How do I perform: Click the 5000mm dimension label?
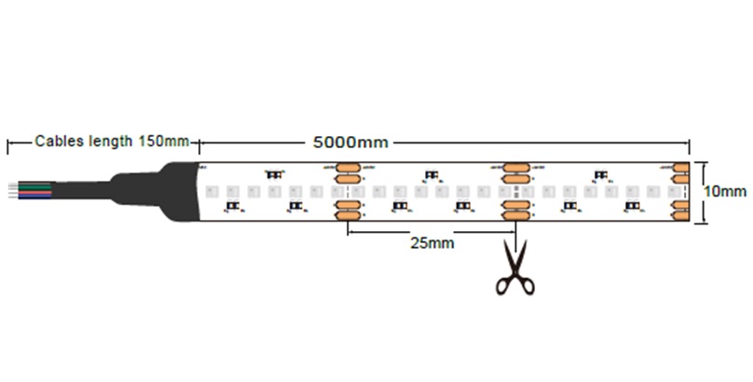(349, 143)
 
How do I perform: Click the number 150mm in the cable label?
(163, 142)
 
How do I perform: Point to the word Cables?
(58, 142)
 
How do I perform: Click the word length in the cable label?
(113, 142)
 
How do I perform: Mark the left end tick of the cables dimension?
(8, 143)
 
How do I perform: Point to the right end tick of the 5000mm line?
(690, 143)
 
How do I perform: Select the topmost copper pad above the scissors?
(513, 167)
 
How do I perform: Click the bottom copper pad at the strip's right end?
(681, 215)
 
